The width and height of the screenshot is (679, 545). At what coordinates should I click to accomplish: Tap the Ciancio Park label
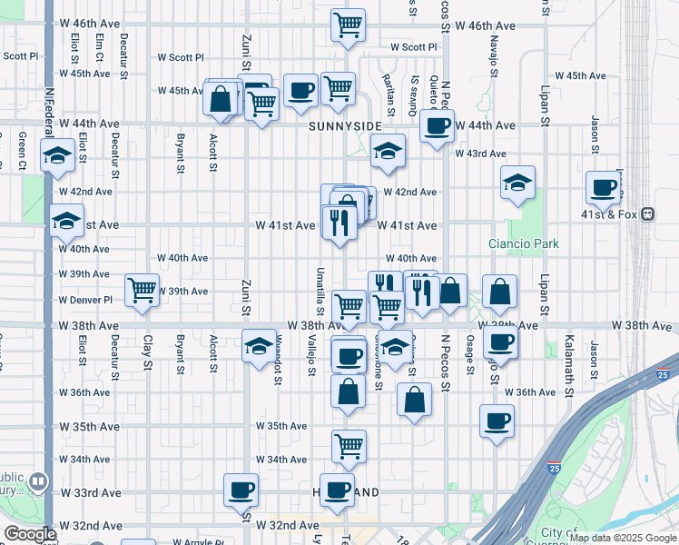[x=536, y=243]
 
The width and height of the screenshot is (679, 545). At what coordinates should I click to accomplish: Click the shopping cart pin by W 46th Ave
[x=348, y=25]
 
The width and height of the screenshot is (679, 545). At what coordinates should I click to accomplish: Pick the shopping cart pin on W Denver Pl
[x=143, y=291]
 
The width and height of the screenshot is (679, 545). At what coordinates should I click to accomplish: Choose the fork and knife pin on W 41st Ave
[x=339, y=222]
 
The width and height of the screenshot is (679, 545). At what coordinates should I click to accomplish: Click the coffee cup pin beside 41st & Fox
[x=603, y=188]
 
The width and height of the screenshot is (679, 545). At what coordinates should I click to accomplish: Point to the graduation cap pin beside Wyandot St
[x=259, y=345]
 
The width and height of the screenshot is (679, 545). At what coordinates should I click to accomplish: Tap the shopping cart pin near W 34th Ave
[x=349, y=446]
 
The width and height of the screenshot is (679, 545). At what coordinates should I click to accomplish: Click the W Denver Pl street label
[x=85, y=300]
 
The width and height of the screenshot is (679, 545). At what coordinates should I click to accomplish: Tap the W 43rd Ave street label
[x=480, y=154]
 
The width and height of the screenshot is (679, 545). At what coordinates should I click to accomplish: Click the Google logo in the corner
[x=29, y=534]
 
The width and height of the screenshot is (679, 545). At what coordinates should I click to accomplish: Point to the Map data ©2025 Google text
[x=623, y=538]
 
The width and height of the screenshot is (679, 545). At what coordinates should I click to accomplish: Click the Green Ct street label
[x=22, y=150]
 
